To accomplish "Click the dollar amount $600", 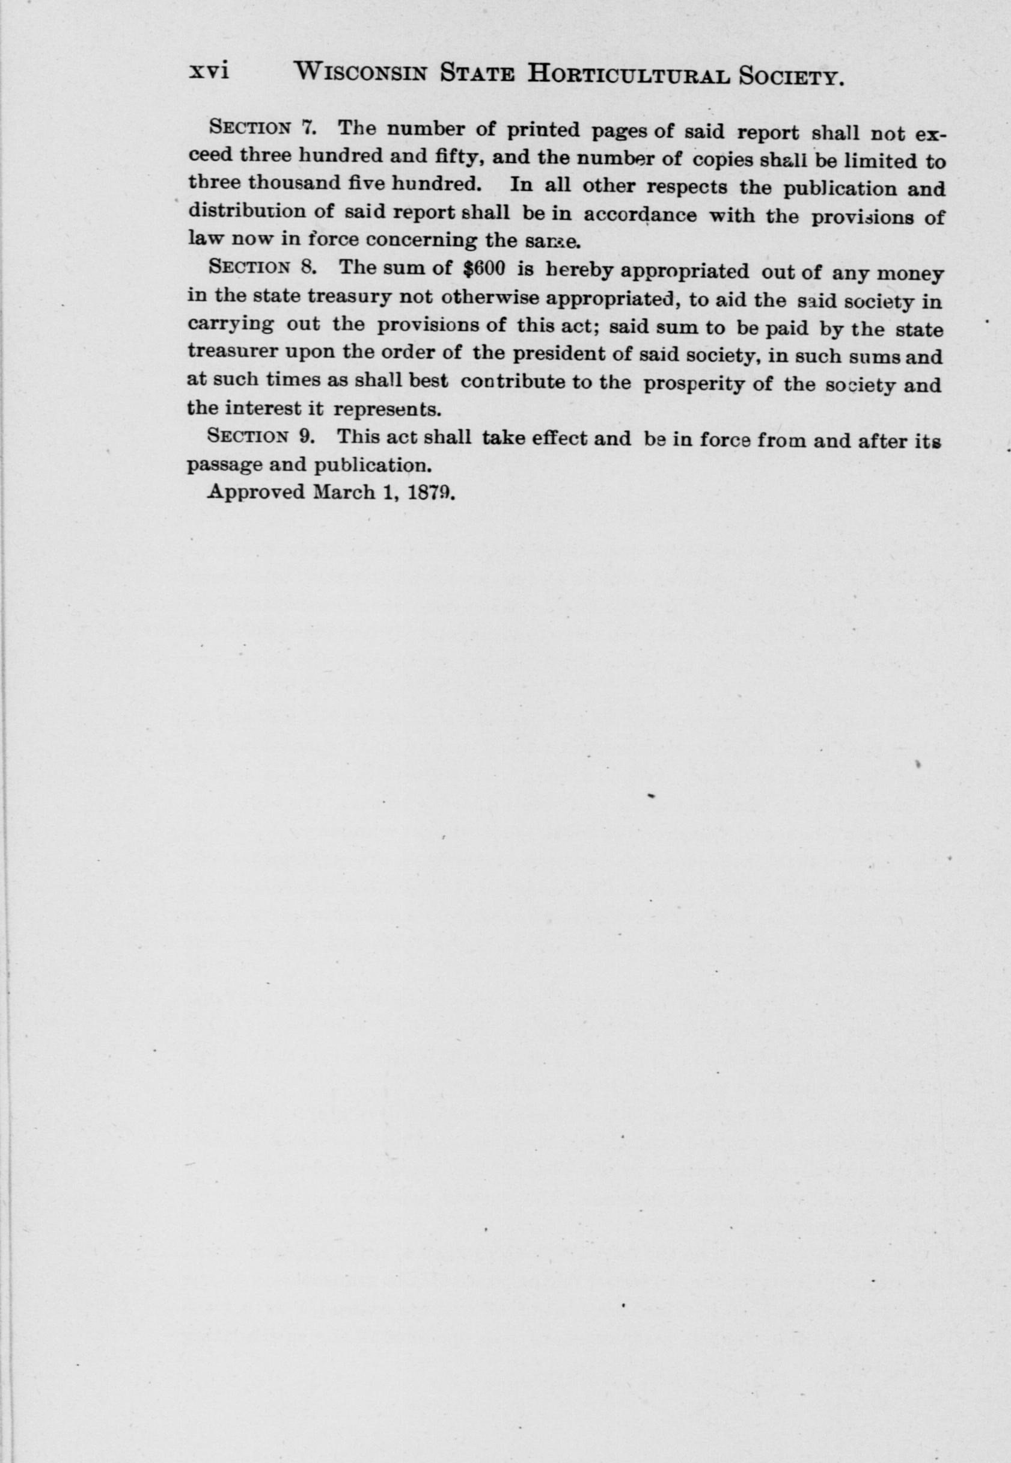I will (x=484, y=269).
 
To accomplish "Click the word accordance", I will (x=640, y=215).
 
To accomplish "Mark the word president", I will (x=555, y=354).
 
